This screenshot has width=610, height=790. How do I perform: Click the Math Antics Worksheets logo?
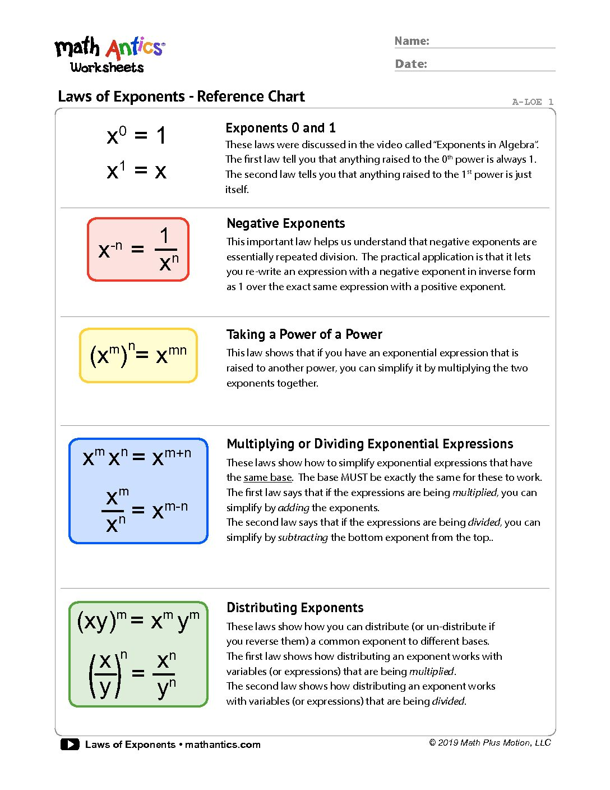[x=109, y=55]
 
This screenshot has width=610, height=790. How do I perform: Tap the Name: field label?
[x=412, y=41]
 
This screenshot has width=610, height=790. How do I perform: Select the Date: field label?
[x=411, y=64]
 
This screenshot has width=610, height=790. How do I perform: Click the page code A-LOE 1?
[x=532, y=102]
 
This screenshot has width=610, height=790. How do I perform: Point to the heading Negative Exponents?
[x=285, y=223]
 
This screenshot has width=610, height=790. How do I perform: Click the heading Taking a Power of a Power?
[x=304, y=334]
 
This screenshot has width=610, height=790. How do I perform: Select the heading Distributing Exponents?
[x=295, y=608]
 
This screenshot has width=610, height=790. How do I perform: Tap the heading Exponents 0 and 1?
[x=280, y=128]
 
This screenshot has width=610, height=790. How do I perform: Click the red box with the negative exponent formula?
[x=138, y=249]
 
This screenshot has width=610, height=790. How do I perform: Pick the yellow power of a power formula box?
[x=138, y=355]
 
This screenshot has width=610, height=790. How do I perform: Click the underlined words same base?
[x=268, y=477]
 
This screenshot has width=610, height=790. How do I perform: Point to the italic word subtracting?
[x=303, y=538]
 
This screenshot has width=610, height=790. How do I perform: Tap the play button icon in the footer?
[x=70, y=745]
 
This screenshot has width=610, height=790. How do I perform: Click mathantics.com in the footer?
[x=223, y=745]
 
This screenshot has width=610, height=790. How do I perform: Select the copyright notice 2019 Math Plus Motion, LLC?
[x=490, y=743]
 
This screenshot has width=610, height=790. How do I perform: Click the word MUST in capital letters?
[x=354, y=477]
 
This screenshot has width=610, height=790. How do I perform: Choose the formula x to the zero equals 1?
[x=136, y=136]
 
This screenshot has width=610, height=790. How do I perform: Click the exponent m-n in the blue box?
[x=176, y=507]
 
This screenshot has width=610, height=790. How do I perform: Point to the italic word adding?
[x=294, y=508]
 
